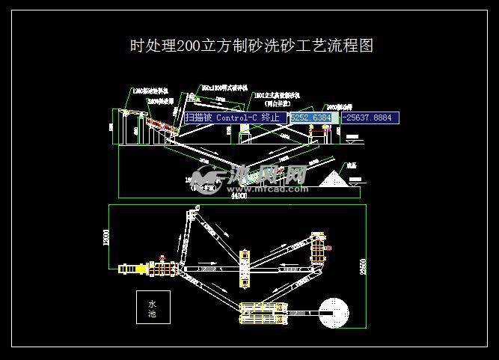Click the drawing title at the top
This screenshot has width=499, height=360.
pos(251,46)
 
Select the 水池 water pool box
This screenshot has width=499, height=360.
pos(153,306)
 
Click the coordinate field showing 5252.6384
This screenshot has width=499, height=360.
pos(313,118)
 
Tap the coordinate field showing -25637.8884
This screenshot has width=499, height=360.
pos(370,118)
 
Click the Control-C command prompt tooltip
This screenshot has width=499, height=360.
pos(235,118)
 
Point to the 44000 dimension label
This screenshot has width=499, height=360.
pos(239,196)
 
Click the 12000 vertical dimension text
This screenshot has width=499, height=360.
pos(105,238)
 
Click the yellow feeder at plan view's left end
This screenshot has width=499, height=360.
pos(132,267)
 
